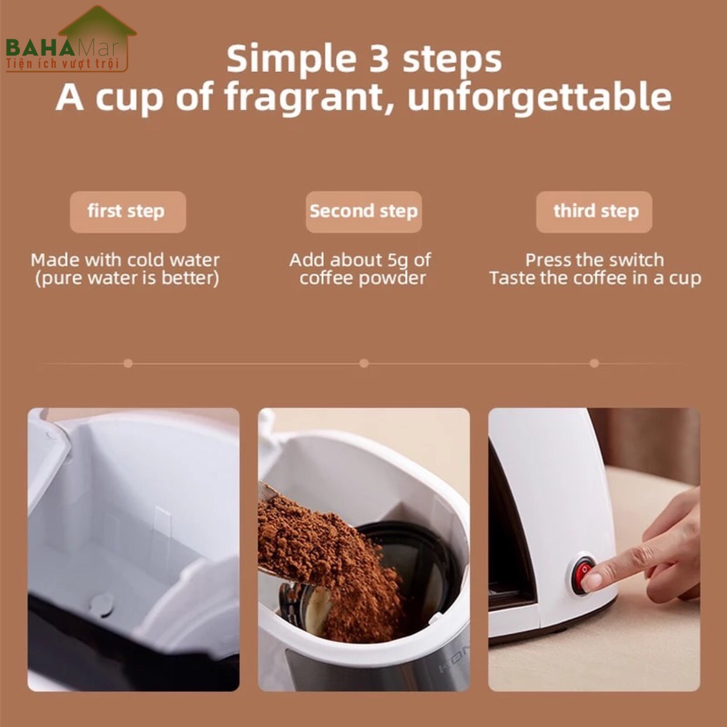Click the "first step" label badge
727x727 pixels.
128,212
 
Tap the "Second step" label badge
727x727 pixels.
364,212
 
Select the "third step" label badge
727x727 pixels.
594,212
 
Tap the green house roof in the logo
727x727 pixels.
97,23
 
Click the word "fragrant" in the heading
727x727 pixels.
310,97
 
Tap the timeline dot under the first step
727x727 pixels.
128,364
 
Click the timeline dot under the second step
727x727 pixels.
364,364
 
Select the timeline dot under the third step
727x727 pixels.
594,364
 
